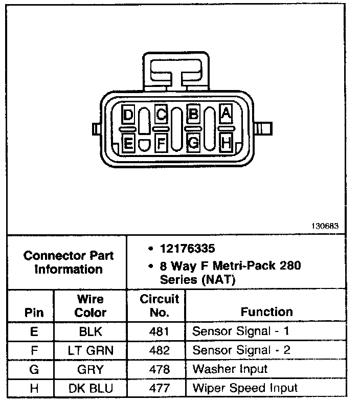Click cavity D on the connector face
(128, 114)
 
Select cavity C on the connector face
(161, 114)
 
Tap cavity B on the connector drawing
(193, 114)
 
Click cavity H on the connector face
(226, 143)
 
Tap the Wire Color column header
(91, 305)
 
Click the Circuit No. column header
(159, 305)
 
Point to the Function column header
(266, 311)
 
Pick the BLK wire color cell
(91, 331)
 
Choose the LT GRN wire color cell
(91, 350)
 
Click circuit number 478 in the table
(159, 369)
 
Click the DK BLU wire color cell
(91, 388)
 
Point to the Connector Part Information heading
(69, 262)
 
